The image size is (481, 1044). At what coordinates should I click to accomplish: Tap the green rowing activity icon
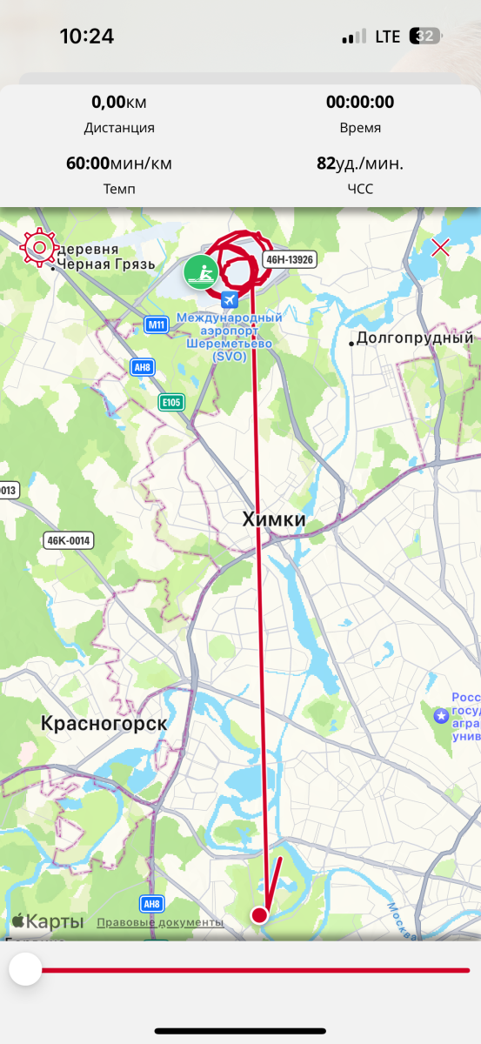(x=201, y=272)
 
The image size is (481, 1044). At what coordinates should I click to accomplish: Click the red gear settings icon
(x=38, y=248)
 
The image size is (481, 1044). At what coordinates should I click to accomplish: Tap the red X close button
(x=441, y=247)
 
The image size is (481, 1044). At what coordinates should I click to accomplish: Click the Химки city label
(x=274, y=520)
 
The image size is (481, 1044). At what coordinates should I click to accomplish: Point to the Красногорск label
(x=104, y=723)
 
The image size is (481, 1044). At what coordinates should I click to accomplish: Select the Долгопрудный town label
(x=414, y=338)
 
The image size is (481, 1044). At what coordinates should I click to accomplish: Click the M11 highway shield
(x=156, y=325)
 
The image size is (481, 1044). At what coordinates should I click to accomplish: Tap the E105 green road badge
(x=171, y=402)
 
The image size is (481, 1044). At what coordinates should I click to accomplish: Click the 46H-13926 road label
(x=290, y=259)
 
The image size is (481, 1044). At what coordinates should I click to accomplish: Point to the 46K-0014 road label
(x=69, y=540)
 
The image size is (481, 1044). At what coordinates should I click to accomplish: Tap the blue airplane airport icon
(x=230, y=300)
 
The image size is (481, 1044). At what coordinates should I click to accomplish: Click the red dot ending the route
(x=259, y=914)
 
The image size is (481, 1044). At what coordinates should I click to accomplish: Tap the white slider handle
(x=25, y=969)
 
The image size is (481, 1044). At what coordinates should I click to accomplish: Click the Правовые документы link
(x=160, y=922)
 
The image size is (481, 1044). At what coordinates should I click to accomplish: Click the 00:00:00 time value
(x=360, y=103)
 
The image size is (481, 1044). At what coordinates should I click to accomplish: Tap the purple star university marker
(x=441, y=715)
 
